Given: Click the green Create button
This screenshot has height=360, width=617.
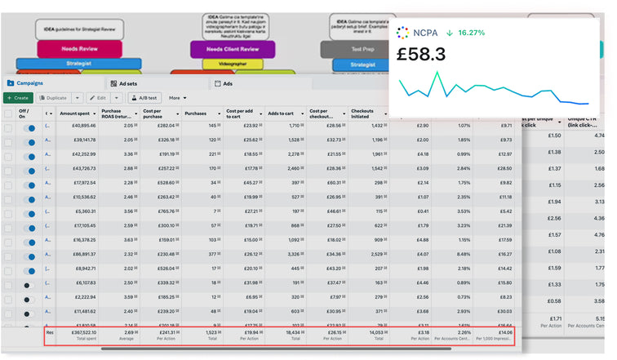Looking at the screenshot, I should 17,97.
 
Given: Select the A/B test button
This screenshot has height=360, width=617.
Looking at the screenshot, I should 144,97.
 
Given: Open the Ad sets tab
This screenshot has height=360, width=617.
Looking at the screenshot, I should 128,83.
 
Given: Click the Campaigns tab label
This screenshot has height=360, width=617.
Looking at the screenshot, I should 30,83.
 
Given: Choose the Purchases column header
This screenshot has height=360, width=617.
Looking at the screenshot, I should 196,113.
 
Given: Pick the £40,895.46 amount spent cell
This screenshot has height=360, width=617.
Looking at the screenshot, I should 79,126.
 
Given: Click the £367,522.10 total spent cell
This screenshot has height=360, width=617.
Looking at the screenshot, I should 78,332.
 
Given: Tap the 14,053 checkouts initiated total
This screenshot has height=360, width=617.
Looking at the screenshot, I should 372,332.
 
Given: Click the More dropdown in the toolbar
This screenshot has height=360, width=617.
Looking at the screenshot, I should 178,97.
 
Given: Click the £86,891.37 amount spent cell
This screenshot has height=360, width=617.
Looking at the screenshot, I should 79,255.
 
